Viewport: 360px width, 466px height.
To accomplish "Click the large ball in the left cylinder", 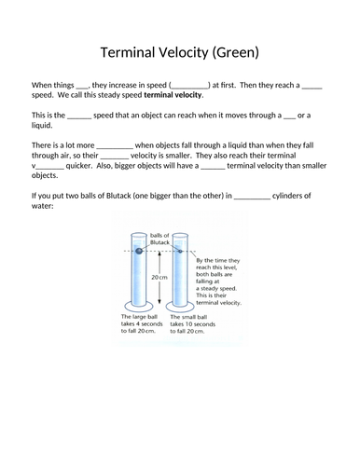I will coord(138,251).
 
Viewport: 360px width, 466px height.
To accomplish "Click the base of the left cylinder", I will coord(138,309).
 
